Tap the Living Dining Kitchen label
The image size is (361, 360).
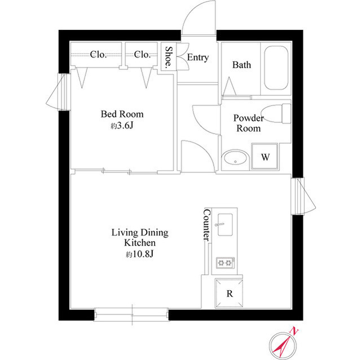139,237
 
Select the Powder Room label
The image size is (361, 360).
249,123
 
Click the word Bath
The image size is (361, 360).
241,65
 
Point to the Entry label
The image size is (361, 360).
197,57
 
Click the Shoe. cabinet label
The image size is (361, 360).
168,56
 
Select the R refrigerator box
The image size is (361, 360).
230,294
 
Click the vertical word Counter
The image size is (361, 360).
206,225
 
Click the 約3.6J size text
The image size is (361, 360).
122,126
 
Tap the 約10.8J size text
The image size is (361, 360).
139,255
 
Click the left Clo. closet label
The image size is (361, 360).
99,55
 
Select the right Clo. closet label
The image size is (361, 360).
142,55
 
